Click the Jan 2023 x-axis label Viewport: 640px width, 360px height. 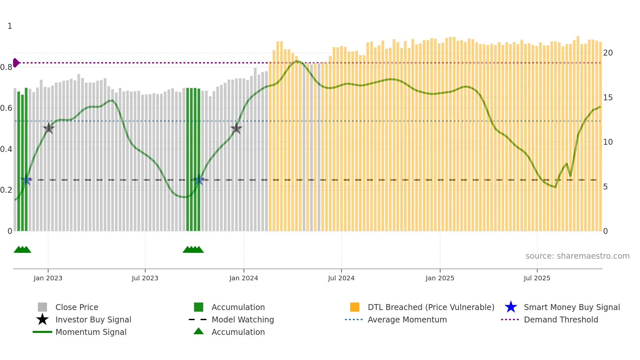[x=48, y=278]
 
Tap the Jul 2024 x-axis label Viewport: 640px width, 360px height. [x=341, y=278]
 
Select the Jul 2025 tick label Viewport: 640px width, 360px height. [x=537, y=278]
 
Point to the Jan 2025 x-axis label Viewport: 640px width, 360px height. [x=440, y=278]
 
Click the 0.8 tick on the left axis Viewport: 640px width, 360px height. [x=6, y=67]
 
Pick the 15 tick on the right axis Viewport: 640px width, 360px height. [x=608, y=98]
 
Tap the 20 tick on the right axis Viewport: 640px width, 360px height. [x=608, y=53]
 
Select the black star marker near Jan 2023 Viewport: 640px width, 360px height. [x=49, y=128]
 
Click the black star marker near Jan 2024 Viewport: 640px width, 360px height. [x=236, y=128]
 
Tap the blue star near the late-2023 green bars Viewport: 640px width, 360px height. [x=199, y=180]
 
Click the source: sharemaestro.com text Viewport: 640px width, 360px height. [x=577, y=256]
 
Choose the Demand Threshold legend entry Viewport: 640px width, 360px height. [x=561, y=319]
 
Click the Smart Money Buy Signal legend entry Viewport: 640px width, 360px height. [x=571, y=307]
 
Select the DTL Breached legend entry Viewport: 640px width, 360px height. [x=431, y=307]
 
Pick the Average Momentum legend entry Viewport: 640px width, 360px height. [x=407, y=319]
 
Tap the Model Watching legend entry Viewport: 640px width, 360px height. [x=242, y=319]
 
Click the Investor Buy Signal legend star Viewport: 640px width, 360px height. [x=42, y=319]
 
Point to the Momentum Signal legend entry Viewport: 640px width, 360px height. [x=90, y=332]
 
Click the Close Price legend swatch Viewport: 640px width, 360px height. [x=42, y=307]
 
